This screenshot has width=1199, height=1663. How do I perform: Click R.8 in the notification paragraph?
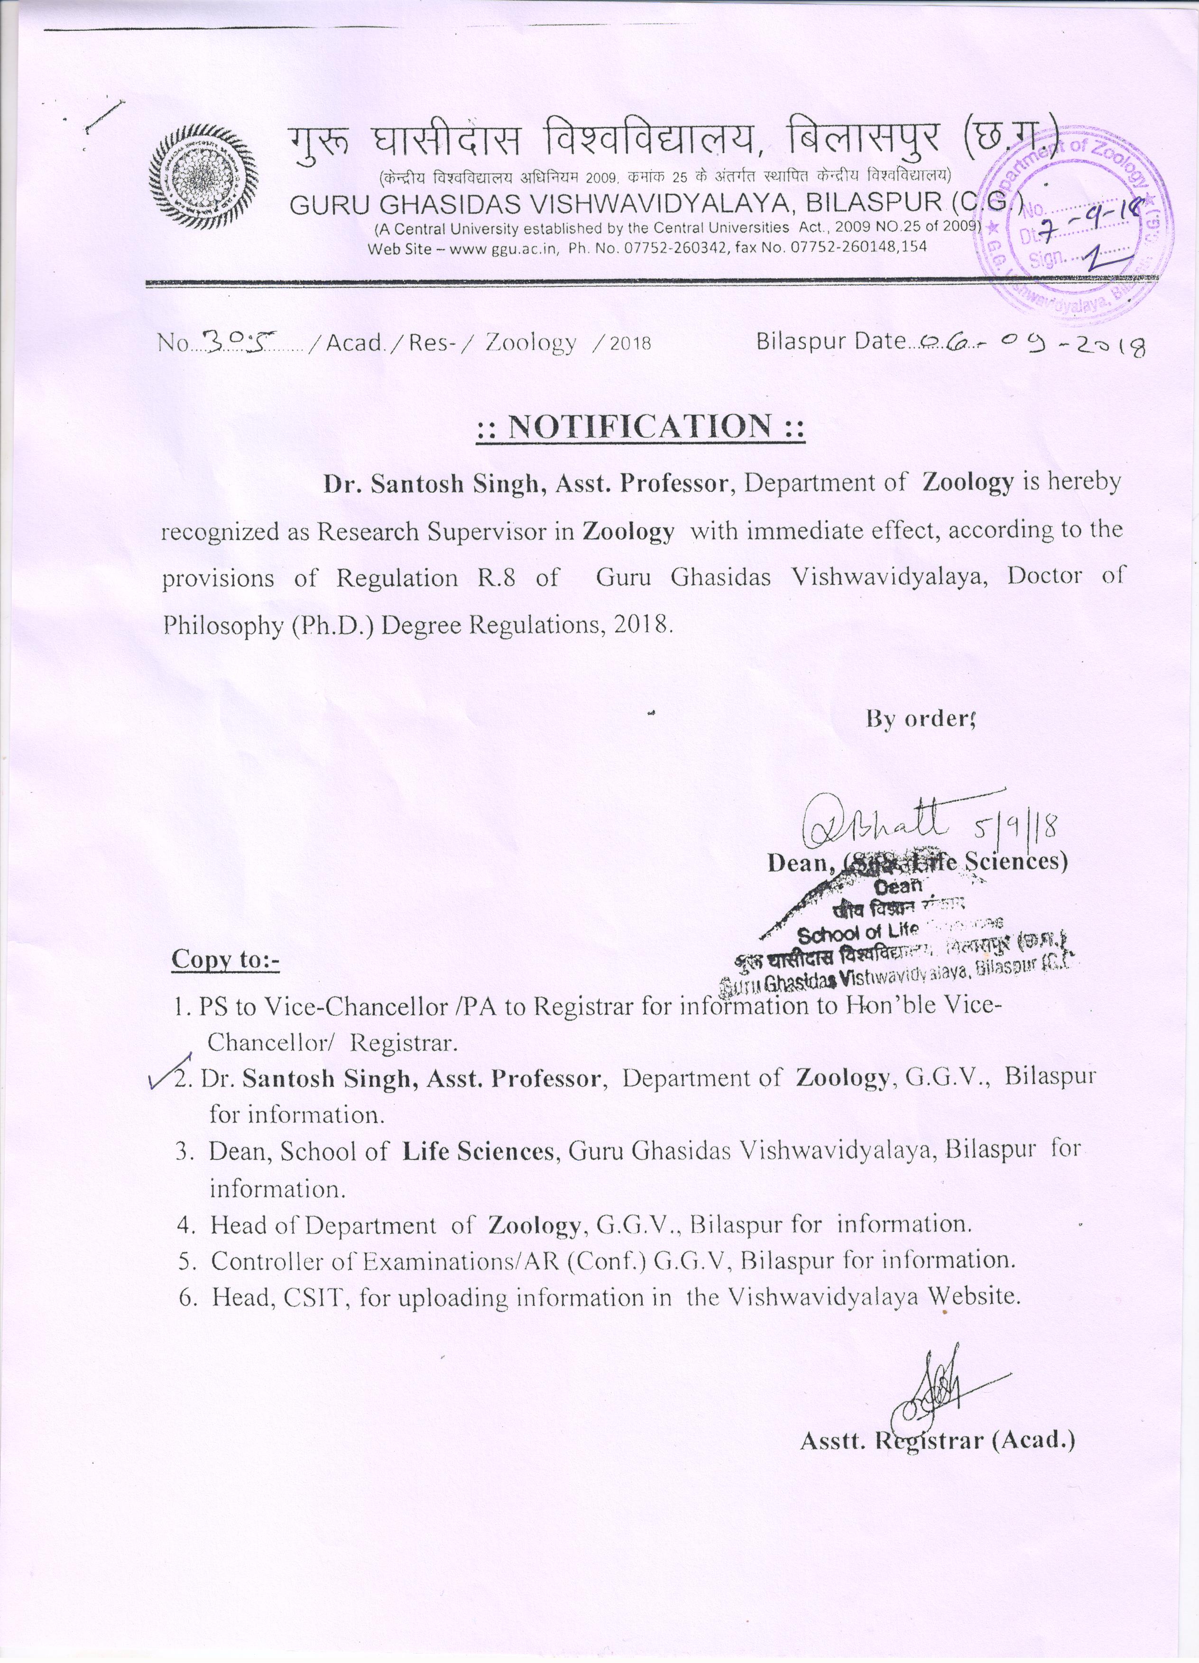pos(498,578)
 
